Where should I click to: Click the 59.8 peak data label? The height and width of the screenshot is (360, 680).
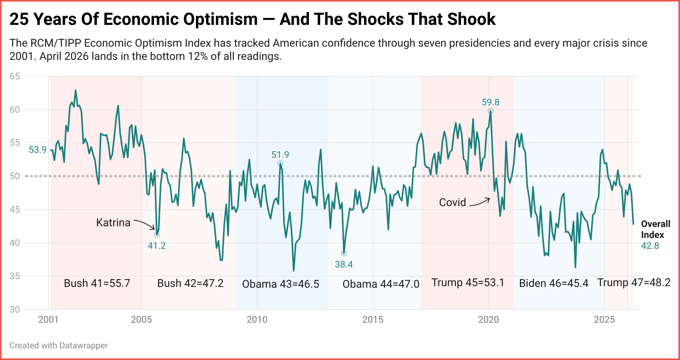pos(490,102)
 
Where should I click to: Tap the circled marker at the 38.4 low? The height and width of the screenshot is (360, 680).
pos(344,253)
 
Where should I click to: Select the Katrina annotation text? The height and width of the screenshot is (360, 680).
pos(113,222)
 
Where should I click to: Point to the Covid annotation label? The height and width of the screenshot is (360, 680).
pos(452,202)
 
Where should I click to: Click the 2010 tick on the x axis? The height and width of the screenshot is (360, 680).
pos(257,320)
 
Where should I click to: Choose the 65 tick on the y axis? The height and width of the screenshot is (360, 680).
pos(15,76)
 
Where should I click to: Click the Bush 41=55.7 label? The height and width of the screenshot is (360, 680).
pos(97,283)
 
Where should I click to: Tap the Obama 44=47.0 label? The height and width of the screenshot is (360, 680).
pos(380,284)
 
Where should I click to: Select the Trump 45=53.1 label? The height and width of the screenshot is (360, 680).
pos(468,282)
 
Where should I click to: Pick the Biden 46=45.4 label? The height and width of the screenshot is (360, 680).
pos(554,283)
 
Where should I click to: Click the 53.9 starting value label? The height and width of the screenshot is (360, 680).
pos(38,150)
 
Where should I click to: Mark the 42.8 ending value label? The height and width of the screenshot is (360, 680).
pos(650,246)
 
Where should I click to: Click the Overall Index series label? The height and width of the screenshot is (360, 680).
pos(655,229)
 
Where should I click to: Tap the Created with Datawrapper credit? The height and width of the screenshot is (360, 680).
pos(58,345)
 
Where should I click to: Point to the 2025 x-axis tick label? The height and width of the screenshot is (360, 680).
pos(604,320)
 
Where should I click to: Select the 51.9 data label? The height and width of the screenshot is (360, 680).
pos(280,155)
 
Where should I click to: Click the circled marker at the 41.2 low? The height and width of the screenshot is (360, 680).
pos(157,235)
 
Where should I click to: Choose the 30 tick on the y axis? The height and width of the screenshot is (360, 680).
pos(15,309)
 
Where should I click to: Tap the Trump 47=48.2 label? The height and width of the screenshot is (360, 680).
pos(634,282)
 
